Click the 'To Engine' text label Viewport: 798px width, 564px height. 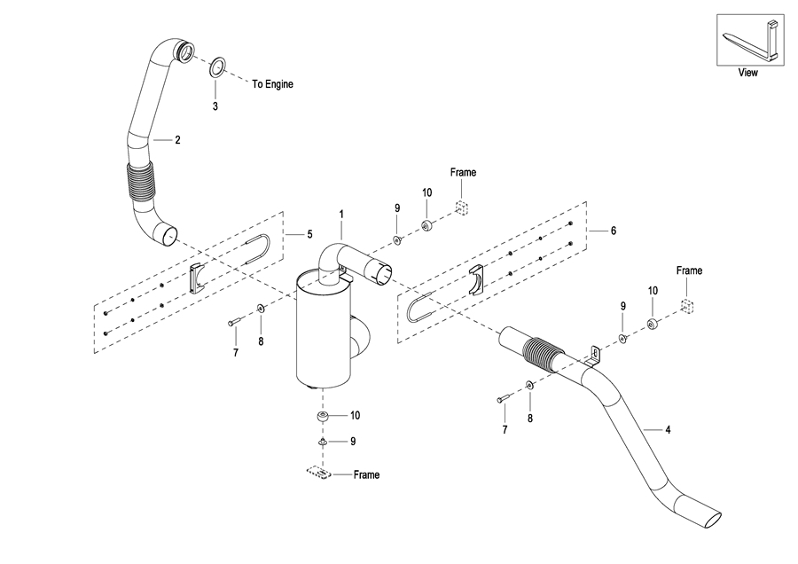point(273,84)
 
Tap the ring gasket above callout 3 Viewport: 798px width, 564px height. point(217,67)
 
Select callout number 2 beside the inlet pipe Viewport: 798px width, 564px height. point(177,140)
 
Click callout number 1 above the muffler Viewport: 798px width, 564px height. point(341,215)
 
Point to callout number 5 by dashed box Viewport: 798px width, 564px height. point(309,234)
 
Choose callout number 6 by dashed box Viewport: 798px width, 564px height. point(614,231)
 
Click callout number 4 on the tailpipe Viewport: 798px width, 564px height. point(668,430)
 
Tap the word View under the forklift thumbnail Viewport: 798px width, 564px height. point(747,73)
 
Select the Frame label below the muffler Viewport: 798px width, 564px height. point(366,475)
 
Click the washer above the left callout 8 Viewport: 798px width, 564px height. point(261,308)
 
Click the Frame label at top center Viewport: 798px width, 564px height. point(463,173)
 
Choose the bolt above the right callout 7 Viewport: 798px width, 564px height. point(503,399)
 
